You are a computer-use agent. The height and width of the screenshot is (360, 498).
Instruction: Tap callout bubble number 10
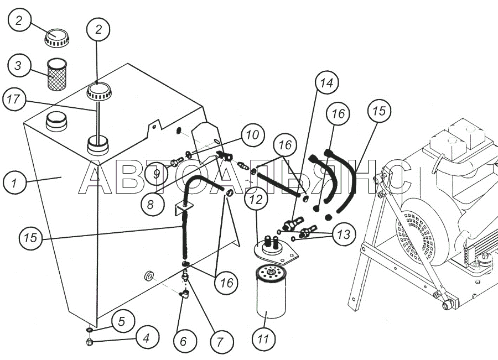tap(252, 134)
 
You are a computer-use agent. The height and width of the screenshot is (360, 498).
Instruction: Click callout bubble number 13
tap(343, 234)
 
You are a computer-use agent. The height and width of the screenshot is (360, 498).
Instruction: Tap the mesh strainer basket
tap(56, 76)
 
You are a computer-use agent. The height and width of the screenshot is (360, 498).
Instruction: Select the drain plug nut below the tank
tap(89, 343)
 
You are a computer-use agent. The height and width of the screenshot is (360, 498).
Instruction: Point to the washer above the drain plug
tap(90, 331)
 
